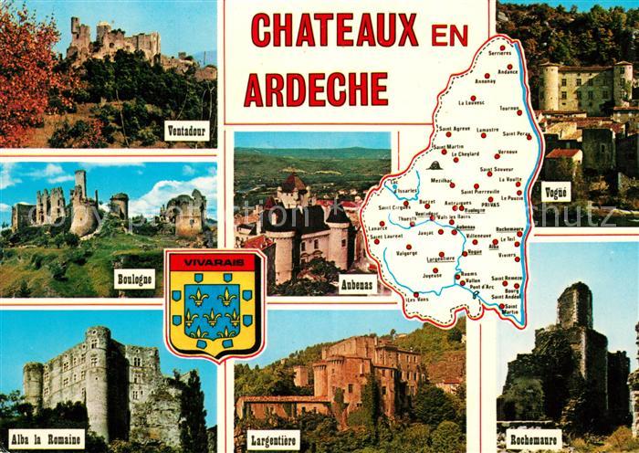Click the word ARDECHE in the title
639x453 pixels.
(315, 89)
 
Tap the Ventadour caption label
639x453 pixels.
(186, 131)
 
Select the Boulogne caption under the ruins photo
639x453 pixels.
(135, 278)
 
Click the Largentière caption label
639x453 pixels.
(273, 439)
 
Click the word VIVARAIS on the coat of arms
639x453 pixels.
(215, 262)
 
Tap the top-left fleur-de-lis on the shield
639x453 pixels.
(196, 297)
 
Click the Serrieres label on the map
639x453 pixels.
(500, 53)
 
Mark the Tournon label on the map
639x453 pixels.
(509, 109)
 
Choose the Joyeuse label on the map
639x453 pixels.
(432, 271)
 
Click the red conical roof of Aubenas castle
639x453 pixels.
(293, 183)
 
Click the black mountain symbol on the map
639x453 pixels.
(435, 165)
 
